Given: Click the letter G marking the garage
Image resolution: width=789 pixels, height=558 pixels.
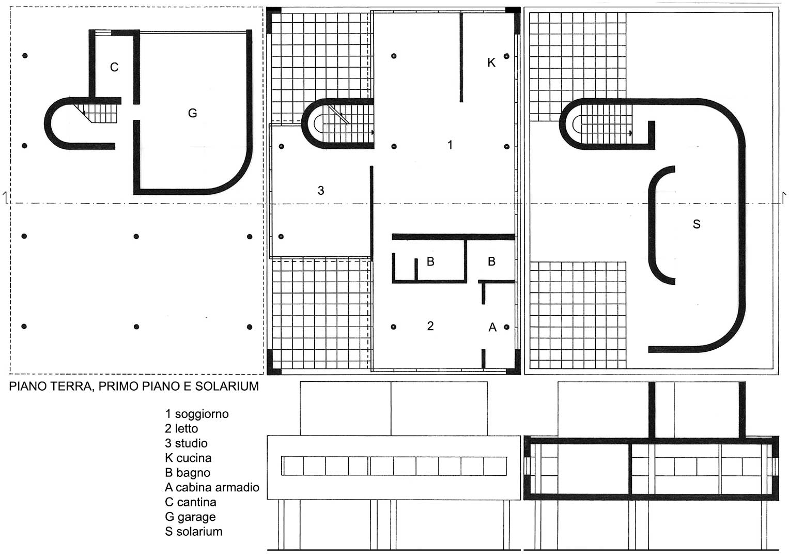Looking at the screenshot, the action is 192,113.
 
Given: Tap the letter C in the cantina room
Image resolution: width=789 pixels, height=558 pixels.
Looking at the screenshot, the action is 114,67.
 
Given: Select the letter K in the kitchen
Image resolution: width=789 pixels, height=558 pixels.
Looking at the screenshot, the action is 491,63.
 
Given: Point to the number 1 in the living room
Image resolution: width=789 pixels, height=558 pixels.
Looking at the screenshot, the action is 450,145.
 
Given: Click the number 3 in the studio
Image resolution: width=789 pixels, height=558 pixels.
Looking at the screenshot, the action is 320,191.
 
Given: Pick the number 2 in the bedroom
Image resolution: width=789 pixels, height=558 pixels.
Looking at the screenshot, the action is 430,326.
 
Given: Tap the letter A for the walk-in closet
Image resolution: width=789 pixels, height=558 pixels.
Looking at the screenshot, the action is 492,328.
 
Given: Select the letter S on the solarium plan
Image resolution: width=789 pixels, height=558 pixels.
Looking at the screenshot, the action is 697,224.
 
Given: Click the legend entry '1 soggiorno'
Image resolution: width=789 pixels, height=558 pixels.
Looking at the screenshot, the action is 197,414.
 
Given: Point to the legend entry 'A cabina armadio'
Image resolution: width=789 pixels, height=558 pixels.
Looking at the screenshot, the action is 212,488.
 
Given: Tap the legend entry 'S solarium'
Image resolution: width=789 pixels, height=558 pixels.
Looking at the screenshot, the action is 194,532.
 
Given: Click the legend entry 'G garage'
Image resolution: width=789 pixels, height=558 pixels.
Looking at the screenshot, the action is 190,517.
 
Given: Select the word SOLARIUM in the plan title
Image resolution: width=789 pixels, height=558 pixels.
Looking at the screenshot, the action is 227,386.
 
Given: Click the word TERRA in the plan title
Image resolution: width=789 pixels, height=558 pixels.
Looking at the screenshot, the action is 72,387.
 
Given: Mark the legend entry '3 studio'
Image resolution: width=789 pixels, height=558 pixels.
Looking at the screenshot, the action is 187,443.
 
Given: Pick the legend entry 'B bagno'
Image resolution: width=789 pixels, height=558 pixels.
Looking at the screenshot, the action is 188,473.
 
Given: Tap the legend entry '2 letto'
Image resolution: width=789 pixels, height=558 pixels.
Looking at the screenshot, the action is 182,429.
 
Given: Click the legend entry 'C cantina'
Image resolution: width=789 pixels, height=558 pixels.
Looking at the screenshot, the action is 191,502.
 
